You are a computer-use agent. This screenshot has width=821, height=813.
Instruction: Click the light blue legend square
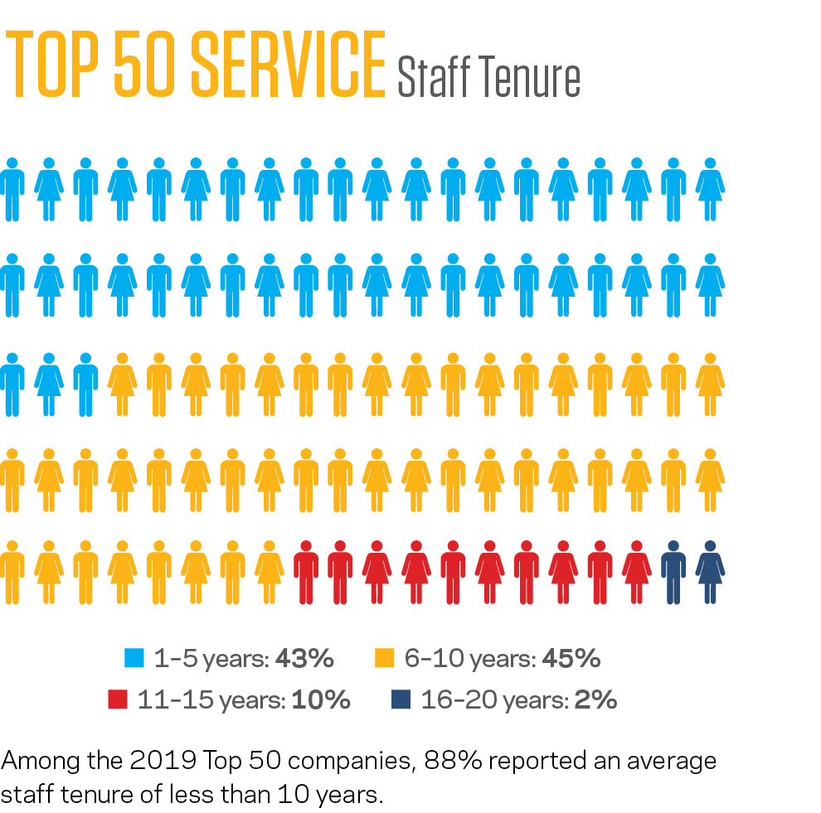click(133, 659)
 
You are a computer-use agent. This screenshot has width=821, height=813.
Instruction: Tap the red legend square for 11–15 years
click(117, 700)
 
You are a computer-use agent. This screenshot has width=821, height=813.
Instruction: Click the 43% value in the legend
click(304, 659)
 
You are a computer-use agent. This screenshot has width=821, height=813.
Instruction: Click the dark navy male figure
click(673, 572)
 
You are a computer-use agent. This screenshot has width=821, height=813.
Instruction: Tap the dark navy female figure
click(709, 572)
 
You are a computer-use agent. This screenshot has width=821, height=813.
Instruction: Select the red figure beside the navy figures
click(636, 572)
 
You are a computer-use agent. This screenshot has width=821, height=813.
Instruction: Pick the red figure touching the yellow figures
click(306, 572)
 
